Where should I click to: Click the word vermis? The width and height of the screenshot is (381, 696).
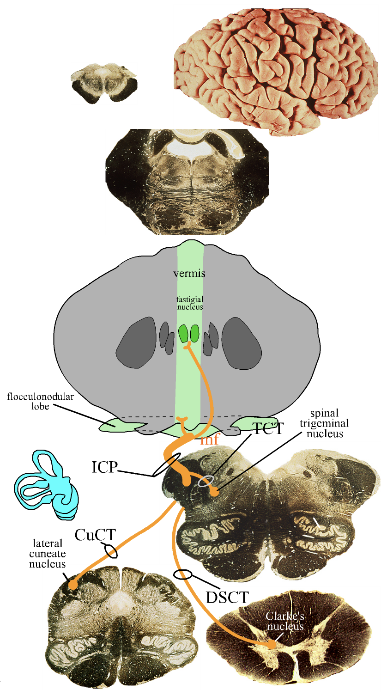189,274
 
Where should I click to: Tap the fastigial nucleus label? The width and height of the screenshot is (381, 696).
189,303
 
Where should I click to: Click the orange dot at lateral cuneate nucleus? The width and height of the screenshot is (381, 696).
73,585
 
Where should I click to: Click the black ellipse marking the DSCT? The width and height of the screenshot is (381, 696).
183,574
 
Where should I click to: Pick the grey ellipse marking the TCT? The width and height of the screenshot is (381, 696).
206,482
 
